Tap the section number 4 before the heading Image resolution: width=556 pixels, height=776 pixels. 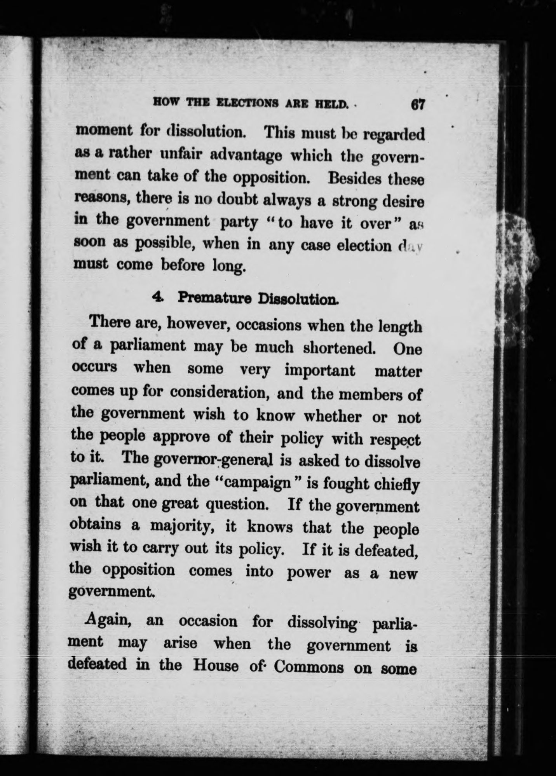pyautogui.click(x=157, y=297)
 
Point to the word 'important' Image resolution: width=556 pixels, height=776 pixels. pyautogui.click(x=319, y=370)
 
